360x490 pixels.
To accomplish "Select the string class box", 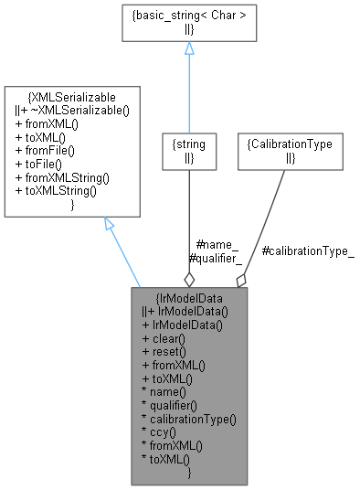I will (188, 150).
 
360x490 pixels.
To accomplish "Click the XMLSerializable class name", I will (72, 96).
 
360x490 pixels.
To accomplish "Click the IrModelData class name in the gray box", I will (189, 297).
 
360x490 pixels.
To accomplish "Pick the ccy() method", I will (161, 432).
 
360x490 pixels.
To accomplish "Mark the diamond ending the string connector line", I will (189, 277).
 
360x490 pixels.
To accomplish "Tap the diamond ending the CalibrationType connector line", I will (241, 277).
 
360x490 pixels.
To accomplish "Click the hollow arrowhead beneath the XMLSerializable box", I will (109, 225).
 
